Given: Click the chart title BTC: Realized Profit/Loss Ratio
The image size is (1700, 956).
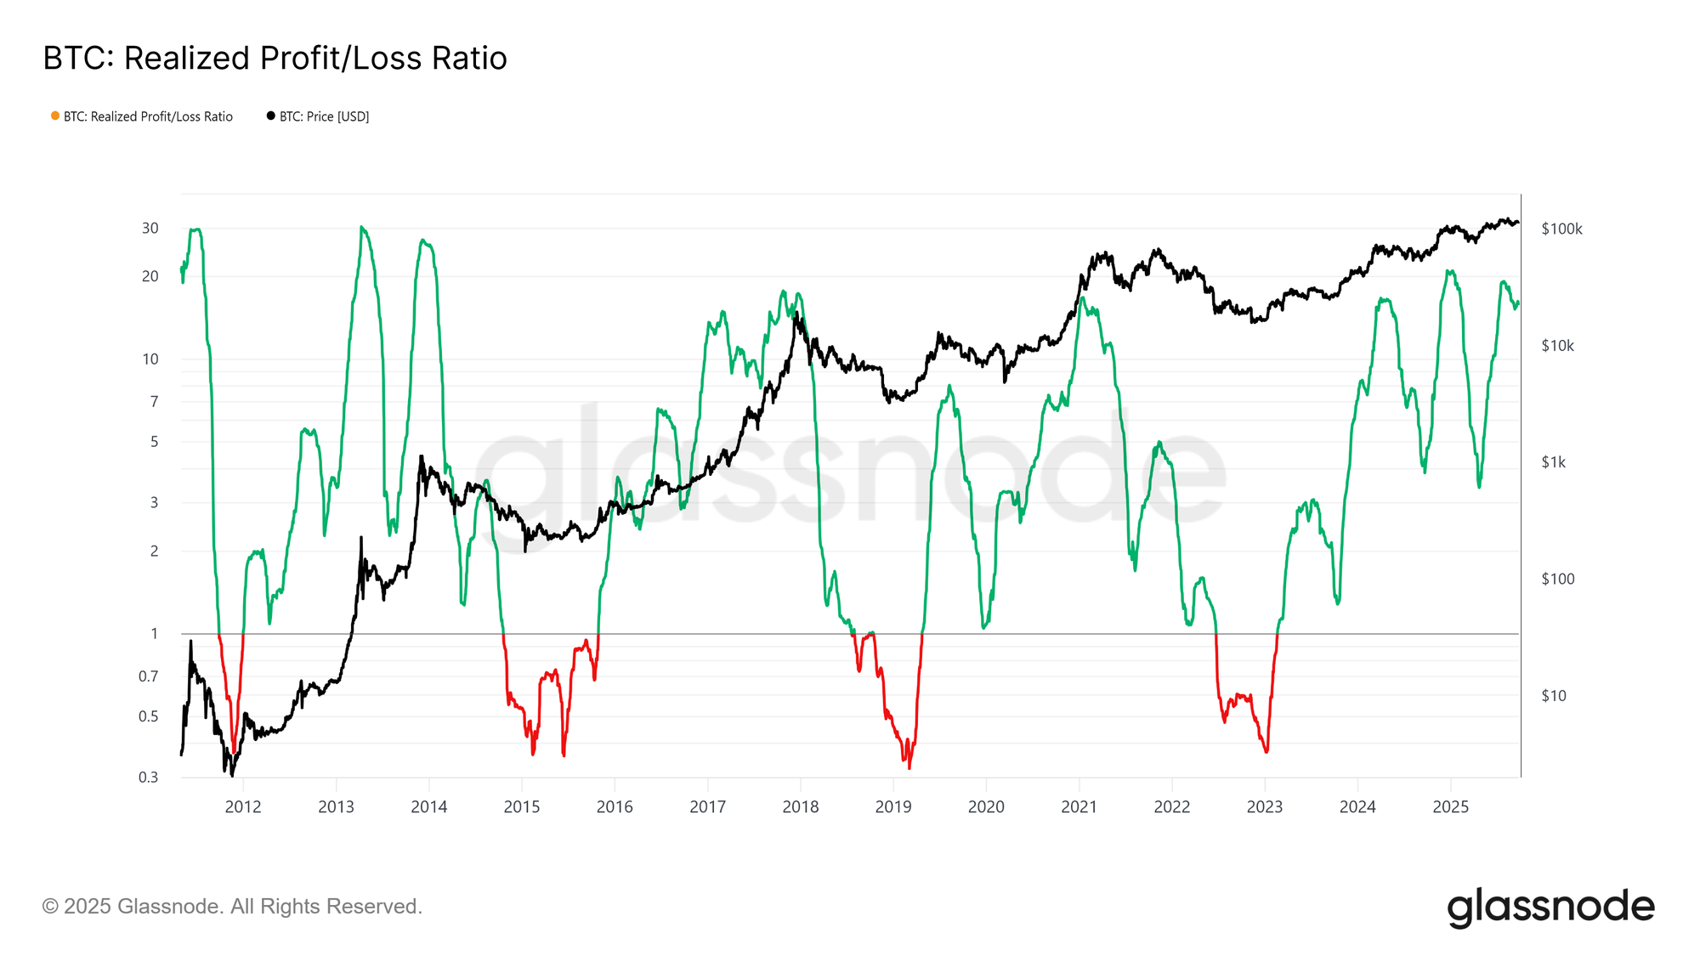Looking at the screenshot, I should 275,59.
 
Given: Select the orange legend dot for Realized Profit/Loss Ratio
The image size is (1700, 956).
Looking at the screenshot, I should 55,116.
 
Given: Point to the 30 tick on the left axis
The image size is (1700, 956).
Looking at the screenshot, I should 150,228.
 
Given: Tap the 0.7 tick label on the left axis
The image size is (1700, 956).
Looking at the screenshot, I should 149,676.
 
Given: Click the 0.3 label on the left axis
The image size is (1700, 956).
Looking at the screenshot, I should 149,777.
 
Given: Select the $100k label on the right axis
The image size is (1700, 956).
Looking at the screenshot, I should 1561,229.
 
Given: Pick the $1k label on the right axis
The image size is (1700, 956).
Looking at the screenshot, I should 1553,462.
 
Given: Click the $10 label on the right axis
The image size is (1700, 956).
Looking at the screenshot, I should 1553,696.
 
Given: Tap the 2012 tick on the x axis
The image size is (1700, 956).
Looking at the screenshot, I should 243,807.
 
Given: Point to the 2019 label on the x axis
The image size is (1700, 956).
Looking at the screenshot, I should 893,807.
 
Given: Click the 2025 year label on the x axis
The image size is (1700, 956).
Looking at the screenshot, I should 1450,807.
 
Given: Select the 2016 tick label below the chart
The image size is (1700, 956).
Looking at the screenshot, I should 615,807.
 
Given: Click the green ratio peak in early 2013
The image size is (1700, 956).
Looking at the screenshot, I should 362,228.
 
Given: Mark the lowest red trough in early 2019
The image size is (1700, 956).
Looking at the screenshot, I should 909,767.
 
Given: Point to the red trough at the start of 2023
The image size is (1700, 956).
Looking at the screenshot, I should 1266,751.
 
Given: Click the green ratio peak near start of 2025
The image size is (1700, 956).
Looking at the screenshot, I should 1449,272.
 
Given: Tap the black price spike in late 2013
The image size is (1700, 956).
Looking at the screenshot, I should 422,456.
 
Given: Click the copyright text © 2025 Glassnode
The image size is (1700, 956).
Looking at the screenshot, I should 232,907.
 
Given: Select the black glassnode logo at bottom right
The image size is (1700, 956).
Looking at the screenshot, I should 1550,908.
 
